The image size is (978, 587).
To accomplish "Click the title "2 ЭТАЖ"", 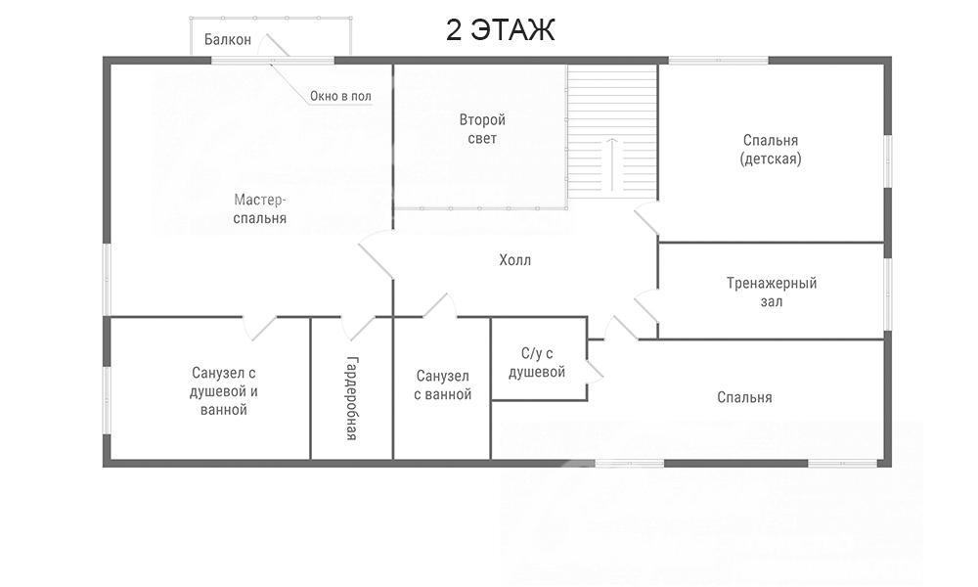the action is [500, 30].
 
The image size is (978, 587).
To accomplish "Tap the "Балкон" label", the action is [228, 40].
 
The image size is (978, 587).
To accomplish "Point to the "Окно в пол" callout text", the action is [340, 96].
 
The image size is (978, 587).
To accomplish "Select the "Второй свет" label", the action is [482, 129].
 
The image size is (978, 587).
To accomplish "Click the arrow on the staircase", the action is [612, 164].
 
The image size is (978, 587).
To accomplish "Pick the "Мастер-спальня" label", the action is [259, 209].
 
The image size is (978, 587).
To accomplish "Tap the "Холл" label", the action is [515, 260].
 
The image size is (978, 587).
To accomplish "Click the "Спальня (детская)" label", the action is [771, 149].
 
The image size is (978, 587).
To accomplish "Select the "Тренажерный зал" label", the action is [772, 293].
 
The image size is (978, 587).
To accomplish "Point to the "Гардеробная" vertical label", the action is [352, 398].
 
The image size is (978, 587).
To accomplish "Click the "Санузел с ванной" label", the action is [443, 384].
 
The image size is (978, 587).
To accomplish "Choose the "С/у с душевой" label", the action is [537, 363].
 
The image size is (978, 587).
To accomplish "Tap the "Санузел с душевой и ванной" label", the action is [223, 391].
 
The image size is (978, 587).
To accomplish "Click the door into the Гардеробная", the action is [357, 328].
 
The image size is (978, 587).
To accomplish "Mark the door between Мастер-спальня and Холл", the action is [377, 254].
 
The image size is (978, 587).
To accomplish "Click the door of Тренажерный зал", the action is [646, 306].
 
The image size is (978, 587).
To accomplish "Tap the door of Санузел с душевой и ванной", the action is [259, 328].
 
